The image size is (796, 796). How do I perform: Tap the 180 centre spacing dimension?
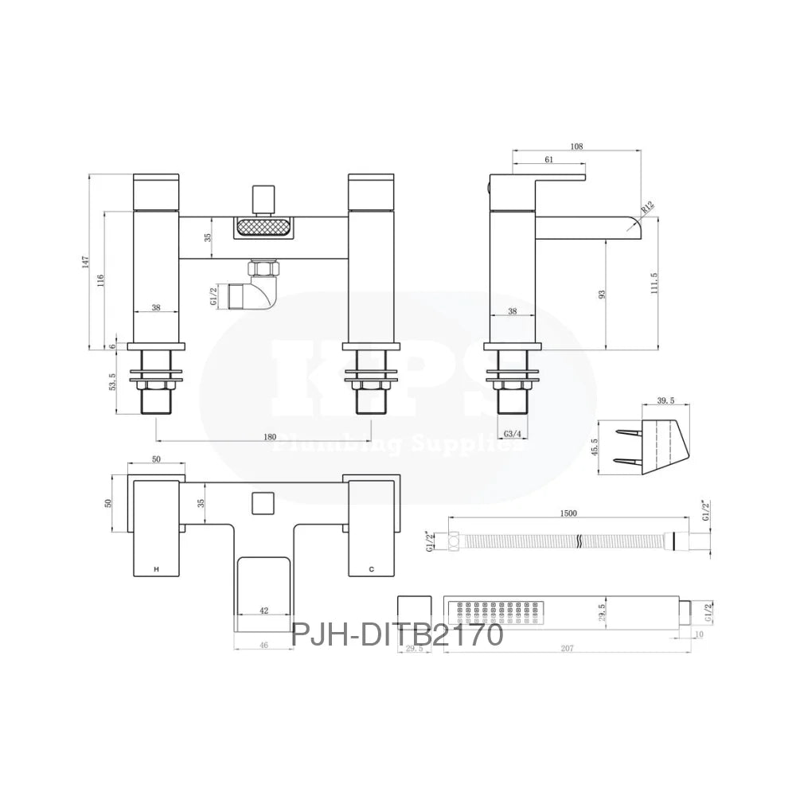pos(269,436)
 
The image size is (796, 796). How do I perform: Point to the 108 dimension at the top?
pos(577,146)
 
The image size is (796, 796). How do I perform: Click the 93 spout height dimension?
pos(603,294)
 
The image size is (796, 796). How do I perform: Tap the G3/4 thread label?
pos(513,434)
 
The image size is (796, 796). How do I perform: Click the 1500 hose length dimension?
pos(568,514)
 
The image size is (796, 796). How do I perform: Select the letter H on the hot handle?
pos(156,569)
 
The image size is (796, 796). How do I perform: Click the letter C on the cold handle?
pos(371,569)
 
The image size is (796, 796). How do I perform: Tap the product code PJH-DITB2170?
pos(397,635)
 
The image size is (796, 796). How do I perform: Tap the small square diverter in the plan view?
pos(262,503)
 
